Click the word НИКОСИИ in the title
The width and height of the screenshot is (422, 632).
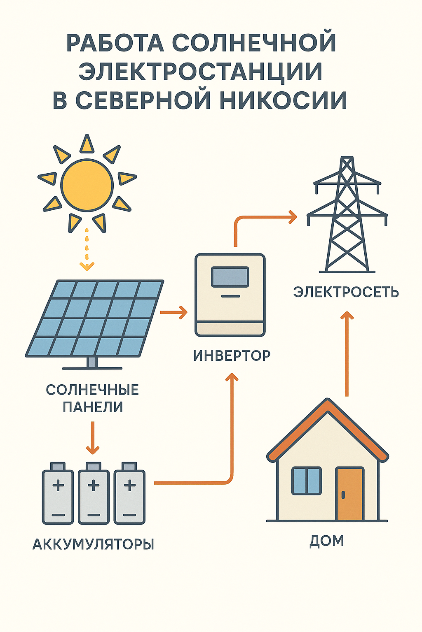283,100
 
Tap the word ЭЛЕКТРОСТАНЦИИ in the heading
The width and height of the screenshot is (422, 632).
200,72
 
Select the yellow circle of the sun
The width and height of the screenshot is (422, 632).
87,185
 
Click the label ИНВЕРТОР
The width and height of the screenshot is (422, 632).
232,356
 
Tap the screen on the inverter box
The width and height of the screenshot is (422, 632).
230,277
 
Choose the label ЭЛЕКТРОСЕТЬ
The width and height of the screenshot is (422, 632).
346,292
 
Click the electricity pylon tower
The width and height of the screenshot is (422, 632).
347,214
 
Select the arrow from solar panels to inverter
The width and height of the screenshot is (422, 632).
173,312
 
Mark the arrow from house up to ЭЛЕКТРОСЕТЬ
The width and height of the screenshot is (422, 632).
347,354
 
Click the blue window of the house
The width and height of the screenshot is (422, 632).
306,481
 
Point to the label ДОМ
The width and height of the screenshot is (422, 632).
327,541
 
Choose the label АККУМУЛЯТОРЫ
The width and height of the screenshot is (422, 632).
94,544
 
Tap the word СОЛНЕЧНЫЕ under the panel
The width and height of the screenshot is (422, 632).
92,390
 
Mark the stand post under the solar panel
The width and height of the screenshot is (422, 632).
92,362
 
